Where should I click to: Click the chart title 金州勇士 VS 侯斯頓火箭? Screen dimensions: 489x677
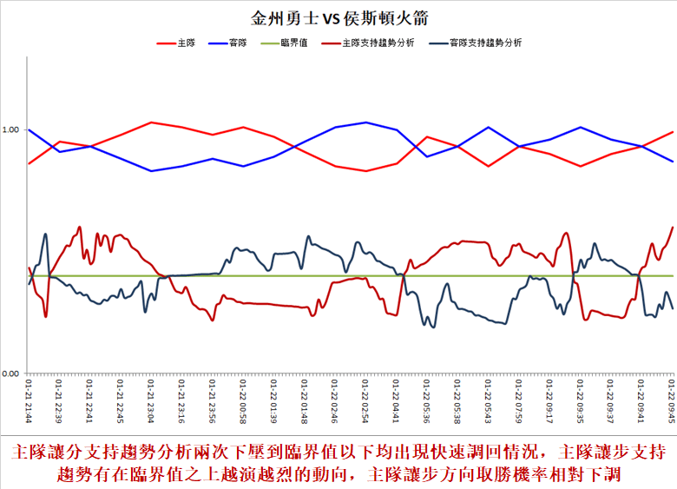click(x=338, y=18)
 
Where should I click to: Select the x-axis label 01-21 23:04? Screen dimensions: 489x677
click(x=151, y=400)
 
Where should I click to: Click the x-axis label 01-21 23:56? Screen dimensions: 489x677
click(x=213, y=400)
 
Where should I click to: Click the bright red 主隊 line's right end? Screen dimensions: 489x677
click(x=673, y=132)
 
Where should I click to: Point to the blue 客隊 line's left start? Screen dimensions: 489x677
click(x=30, y=129)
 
